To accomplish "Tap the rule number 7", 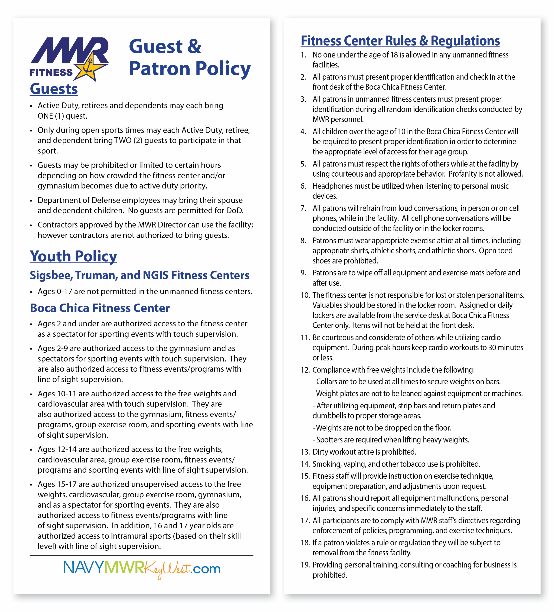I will coord(303,208).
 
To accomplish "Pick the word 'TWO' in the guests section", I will coord(123,141).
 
